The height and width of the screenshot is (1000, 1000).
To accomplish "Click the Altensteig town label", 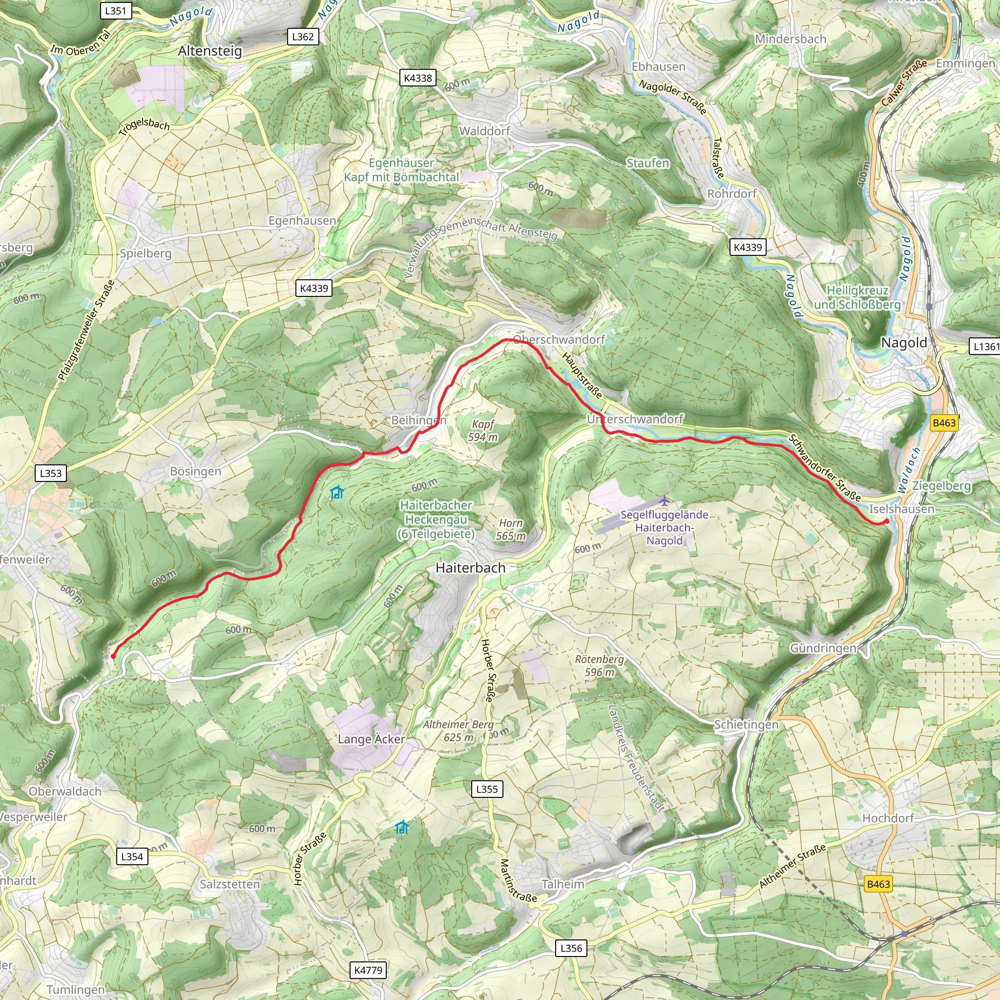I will [209, 51].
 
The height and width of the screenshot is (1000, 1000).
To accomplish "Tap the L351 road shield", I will [115, 11].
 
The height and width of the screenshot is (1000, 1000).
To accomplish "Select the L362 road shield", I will [303, 37].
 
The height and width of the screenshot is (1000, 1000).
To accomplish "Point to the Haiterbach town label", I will [470, 568].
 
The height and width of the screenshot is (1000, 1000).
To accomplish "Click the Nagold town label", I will [904, 343].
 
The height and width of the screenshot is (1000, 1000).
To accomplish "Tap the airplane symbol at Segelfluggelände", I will [665, 500].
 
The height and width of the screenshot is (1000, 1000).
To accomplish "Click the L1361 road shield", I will [984, 347].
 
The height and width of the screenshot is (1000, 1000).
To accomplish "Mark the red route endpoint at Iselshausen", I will [886, 521].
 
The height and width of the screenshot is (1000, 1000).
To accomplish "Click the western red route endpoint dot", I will [113, 656].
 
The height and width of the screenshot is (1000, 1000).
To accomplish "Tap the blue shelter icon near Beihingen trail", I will [337, 492].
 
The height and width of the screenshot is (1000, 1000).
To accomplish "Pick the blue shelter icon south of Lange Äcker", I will [402, 827].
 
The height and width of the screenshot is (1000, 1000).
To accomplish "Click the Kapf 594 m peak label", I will [483, 431].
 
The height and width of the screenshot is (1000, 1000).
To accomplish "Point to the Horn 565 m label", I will [510, 529].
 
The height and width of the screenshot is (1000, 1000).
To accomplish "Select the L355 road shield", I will [486, 789].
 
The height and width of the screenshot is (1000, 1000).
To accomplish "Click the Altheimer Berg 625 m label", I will [458, 731].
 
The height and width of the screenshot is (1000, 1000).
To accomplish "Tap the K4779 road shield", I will [368, 970].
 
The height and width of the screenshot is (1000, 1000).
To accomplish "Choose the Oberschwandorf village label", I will [559, 339].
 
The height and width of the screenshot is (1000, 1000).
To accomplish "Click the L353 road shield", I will [51, 473].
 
